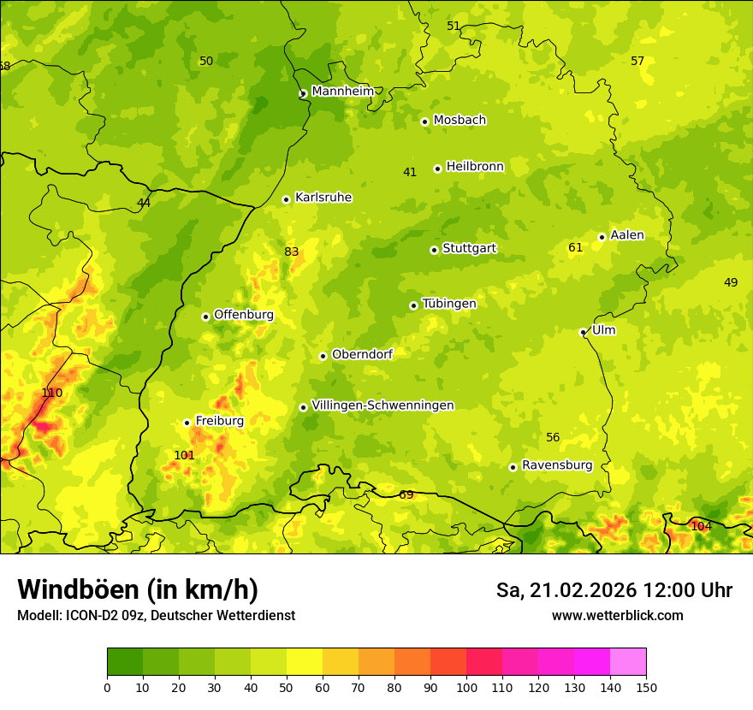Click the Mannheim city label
pos(342,92)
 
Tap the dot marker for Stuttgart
pos(434,250)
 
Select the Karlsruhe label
pos(323,198)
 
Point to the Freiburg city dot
pos(187,423)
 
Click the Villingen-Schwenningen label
pos(382,405)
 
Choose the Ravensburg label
pos(556,465)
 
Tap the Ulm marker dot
pos(583,332)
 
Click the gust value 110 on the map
pos(52,393)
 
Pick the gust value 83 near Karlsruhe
pos(292,251)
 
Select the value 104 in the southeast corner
pos(701,526)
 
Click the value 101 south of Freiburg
pos(184,455)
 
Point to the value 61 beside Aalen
pos(575,248)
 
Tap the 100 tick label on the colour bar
pos(466,687)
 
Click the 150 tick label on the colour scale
pos(646,687)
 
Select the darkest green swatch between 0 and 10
pos(125,661)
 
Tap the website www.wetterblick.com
pos(617,616)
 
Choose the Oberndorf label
pos(361,354)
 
